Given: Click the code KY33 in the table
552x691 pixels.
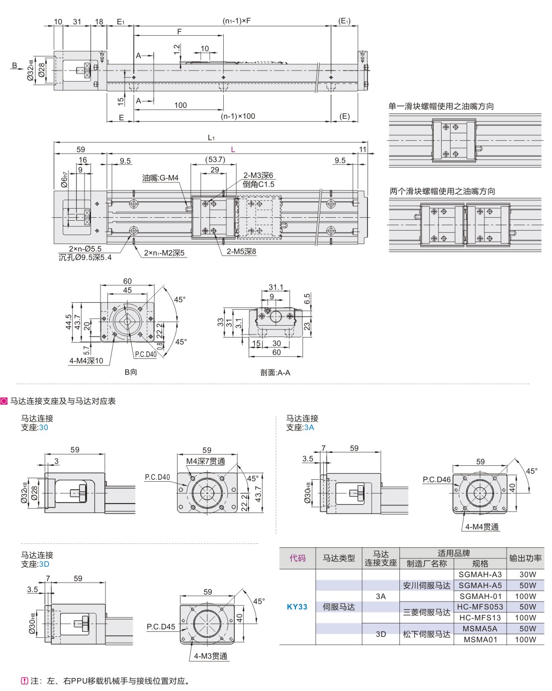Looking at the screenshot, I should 297,606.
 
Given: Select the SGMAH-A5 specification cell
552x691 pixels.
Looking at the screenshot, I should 480,585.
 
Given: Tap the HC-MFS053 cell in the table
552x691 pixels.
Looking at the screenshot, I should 480,606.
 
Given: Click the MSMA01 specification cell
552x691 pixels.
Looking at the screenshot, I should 480,639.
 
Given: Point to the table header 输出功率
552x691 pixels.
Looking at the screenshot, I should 525,558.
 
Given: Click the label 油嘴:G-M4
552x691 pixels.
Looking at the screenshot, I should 160,178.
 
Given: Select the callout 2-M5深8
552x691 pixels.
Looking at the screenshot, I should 241,252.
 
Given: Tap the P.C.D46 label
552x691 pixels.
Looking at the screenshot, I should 437,480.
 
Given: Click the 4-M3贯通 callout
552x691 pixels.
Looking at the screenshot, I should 210,656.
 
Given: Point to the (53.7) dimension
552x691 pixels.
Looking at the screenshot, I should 215,160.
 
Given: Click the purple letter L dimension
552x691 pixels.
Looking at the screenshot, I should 233,149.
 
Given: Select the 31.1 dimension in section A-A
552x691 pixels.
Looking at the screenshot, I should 276,287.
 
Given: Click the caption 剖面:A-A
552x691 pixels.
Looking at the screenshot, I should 275,372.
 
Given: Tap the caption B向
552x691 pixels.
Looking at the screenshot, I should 130,372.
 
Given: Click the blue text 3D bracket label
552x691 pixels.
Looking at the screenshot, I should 44,564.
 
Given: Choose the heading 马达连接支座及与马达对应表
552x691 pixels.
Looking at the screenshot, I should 63,401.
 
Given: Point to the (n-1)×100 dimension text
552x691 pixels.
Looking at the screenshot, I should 238,116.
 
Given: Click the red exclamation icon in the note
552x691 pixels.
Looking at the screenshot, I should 24,681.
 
